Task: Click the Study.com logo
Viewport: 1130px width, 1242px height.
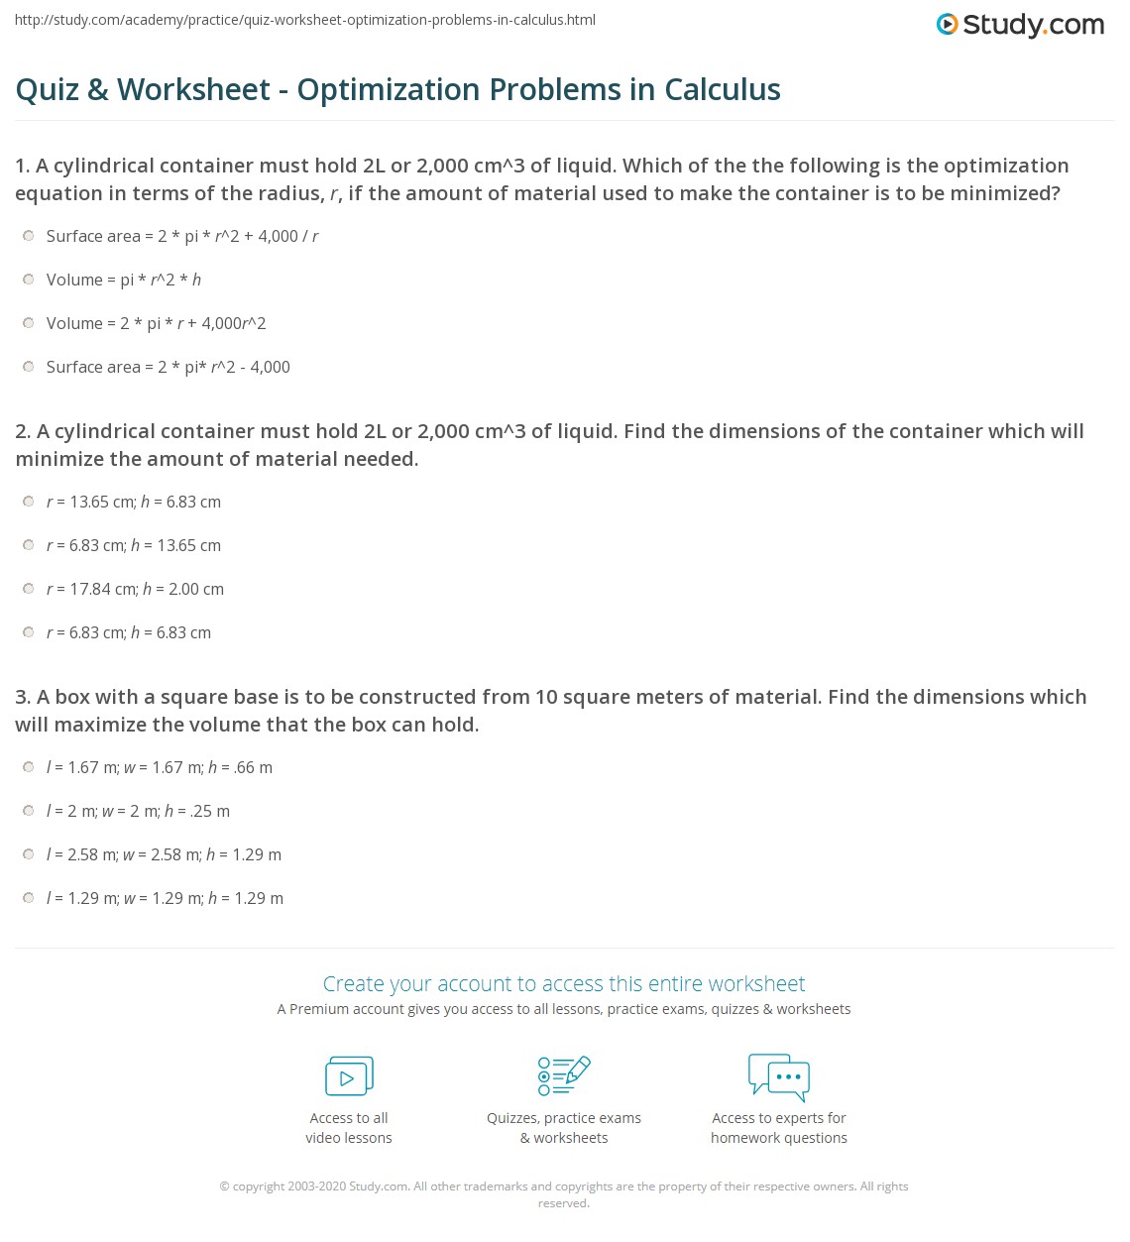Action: [1020, 25]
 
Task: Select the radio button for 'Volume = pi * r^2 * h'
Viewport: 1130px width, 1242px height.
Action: [29, 280]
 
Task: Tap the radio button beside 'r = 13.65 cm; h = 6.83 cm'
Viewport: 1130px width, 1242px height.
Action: [29, 502]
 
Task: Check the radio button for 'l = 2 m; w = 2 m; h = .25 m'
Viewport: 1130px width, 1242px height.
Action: [29, 811]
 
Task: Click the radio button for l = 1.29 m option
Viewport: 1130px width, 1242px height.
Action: [29, 898]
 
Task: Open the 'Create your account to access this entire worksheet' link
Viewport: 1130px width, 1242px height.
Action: [563, 983]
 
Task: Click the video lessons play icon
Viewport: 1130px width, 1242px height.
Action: [349, 1076]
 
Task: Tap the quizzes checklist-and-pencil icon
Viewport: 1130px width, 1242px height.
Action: [563, 1075]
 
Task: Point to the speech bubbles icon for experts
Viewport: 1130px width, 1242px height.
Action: [779, 1076]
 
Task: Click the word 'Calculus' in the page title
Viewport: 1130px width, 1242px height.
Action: [723, 89]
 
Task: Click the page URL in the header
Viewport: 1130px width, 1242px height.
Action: [305, 20]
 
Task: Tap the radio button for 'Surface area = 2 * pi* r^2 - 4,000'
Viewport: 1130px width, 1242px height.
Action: [29, 367]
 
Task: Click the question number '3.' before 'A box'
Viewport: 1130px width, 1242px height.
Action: [23, 697]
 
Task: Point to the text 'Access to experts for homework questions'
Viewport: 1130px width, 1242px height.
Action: [779, 1128]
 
